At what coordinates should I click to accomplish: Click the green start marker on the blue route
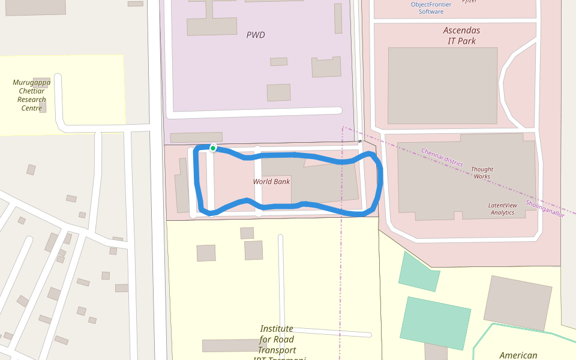click(x=213, y=148)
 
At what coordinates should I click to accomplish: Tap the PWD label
click(x=256, y=35)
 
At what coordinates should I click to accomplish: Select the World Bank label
click(x=271, y=181)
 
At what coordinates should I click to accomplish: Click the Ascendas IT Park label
click(x=461, y=35)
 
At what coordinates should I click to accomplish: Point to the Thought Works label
click(x=482, y=173)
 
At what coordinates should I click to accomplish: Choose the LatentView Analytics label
click(x=502, y=209)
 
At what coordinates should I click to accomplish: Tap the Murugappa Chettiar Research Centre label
click(x=32, y=95)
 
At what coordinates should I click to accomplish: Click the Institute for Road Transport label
click(x=277, y=340)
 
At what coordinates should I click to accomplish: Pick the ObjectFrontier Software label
click(x=431, y=8)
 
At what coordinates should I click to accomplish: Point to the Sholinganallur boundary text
click(x=545, y=208)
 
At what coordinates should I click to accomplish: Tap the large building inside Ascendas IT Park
click(x=442, y=85)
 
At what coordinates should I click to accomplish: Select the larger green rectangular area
click(x=436, y=322)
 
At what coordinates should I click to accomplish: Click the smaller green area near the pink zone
click(x=418, y=271)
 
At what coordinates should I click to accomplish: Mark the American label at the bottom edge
click(x=518, y=355)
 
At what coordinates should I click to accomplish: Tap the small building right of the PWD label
click(x=278, y=61)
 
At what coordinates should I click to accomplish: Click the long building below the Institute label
click(x=235, y=345)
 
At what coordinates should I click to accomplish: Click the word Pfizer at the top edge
click(x=469, y=2)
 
